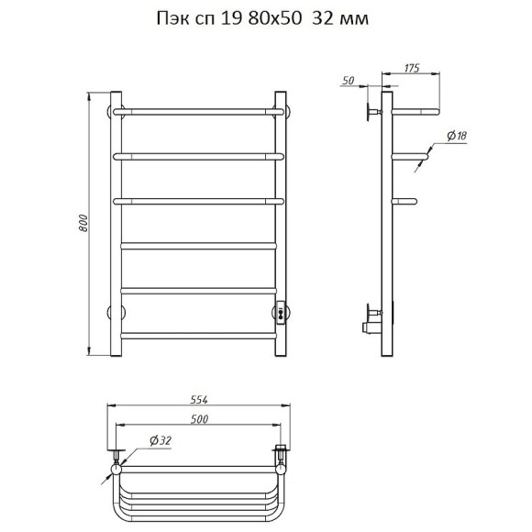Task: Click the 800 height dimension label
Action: [x=83, y=223]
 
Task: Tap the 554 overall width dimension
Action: [x=198, y=400]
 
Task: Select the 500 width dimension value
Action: [x=199, y=419]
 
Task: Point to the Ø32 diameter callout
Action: [x=161, y=440]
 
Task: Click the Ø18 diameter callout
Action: [x=457, y=136]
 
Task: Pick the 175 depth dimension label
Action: [x=412, y=68]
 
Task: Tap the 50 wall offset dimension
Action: [x=349, y=81]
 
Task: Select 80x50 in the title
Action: [x=275, y=18]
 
